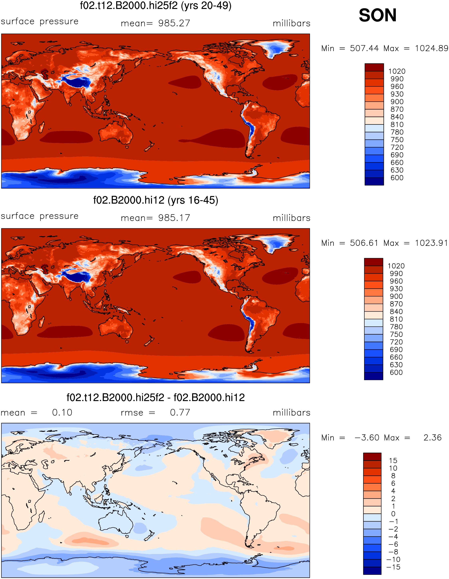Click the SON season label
(377, 15)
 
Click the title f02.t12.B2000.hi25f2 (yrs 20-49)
(156, 6)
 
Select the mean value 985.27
(174, 23)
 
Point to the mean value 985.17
(174, 218)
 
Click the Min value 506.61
(364, 243)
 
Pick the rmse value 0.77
(180, 412)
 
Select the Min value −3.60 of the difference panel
(367, 437)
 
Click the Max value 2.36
(433, 437)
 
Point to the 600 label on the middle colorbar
(396, 372)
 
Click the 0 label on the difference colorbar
(393, 514)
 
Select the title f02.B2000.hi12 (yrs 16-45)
(156, 200)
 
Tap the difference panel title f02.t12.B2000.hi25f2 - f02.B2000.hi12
(156, 398)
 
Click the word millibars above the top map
(291, 23)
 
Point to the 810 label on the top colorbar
(397, 125)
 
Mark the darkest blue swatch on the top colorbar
(374, 182)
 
